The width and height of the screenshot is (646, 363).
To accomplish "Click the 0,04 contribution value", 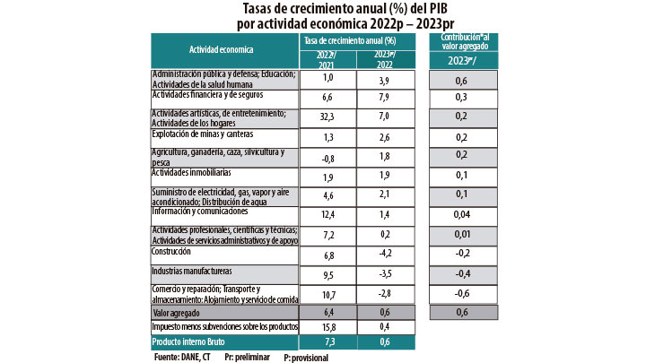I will click(461, 214).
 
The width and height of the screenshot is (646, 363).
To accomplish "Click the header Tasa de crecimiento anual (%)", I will click(356, 41).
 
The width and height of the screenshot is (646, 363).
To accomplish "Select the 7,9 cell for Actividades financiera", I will click(384, 97).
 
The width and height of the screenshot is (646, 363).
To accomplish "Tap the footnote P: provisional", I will click(306, 357).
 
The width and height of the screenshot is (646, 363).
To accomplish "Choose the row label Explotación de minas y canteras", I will click(202, 134).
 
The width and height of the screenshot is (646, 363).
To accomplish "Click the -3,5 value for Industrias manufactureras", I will click(384, 273).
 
